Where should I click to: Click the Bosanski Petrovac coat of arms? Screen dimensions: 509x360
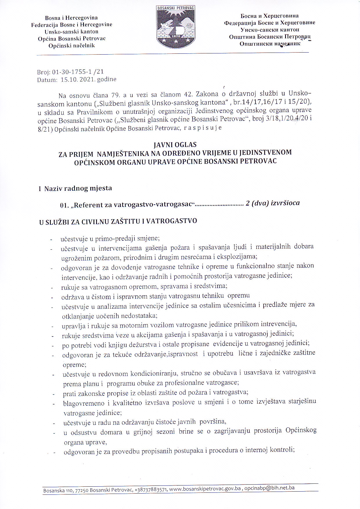pos(176,27)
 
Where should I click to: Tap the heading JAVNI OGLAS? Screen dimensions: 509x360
pos(175,145)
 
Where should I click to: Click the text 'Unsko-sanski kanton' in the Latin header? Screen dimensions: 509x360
pos(71,32)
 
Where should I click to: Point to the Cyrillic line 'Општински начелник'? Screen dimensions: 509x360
pos(270,44)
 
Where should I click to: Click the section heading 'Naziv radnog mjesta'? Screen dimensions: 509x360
pos(78,188)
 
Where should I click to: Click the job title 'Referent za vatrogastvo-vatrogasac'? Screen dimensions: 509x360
pos(133,205)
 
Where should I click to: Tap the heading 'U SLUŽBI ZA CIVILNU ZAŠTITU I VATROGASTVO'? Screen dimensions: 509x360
pos(118,221)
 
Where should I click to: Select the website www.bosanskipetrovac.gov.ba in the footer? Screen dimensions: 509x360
pos(205,489)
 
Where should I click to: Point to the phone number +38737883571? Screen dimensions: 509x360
pos(151,490)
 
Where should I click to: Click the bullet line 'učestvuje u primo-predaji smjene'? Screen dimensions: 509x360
pos(110,239)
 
